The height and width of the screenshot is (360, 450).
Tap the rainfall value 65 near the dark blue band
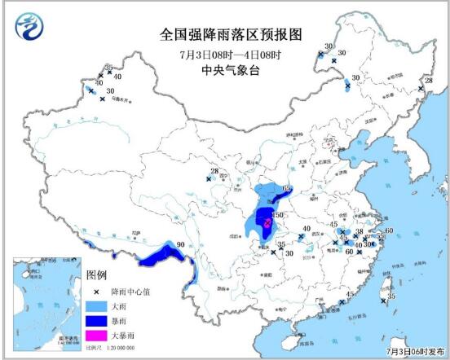pos(286,189)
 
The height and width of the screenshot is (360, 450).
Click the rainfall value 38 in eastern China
pos(359,231)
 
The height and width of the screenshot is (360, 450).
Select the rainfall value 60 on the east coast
pos(389,231)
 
